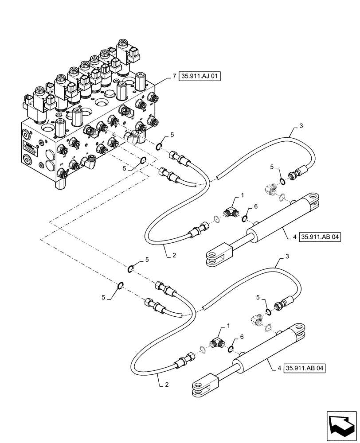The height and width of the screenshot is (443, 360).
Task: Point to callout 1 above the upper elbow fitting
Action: click(x=243, y=195)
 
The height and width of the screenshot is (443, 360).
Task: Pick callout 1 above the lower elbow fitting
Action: click(x=229, y=326)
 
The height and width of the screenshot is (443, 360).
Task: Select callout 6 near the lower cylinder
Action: click(x=242, y=338)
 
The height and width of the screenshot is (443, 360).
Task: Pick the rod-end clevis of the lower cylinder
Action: click(x=202, y=385)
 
